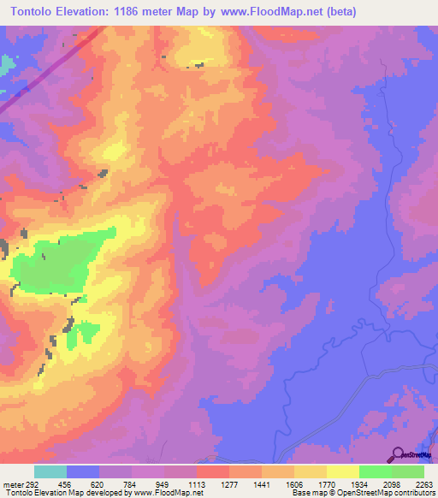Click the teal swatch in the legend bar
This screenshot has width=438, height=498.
tap(50, 471)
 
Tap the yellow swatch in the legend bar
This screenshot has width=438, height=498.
tap(343, 471)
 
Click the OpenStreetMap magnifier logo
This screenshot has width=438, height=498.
tap(399, 455)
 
